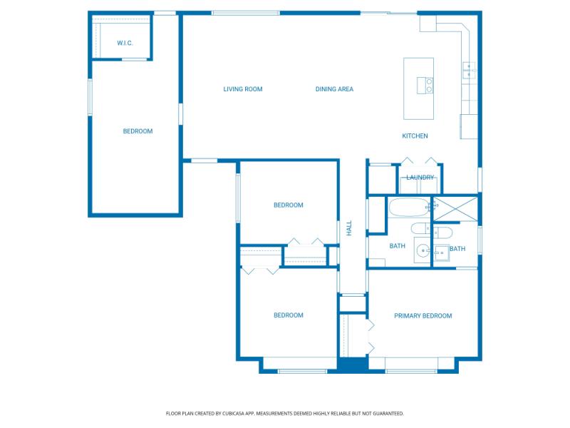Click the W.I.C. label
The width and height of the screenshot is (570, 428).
tap(125, 44)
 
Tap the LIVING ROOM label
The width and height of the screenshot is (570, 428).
tap(243, 89)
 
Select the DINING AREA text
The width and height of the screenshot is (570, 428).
tap(334, 89)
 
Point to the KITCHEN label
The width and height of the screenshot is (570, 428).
tap(415, 136)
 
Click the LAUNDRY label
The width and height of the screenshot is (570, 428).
tap(420, 178)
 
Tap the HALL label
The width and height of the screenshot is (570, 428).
tap(349, 228)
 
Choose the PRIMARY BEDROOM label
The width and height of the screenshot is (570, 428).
tap(423, 315)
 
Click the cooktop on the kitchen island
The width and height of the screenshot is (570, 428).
tap(430, 86)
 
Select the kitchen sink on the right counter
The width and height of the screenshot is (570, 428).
tap(469, 70)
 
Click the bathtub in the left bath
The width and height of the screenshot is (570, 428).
tap(410, 208)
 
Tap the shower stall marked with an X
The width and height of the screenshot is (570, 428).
tap(455, 208)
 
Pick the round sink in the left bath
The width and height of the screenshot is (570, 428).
tap(423, 250)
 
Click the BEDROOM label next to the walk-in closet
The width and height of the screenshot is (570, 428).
tap(138, 131)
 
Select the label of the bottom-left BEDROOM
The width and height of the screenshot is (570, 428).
tap(289, 315)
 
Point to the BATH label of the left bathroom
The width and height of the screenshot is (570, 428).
tap(397, 246)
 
